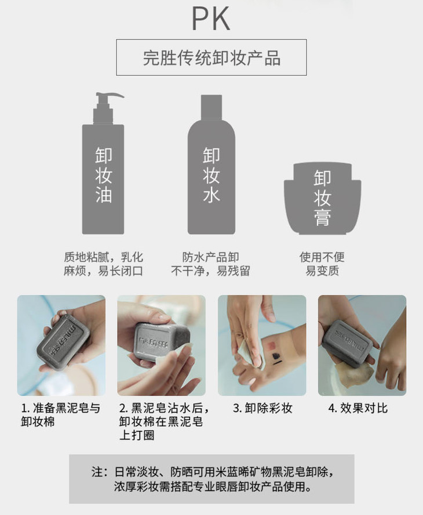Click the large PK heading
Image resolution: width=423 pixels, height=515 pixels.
[211, 19]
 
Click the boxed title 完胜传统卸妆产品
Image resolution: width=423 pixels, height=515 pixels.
[211, 58]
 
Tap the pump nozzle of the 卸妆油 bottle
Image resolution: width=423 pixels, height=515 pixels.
[110, 96]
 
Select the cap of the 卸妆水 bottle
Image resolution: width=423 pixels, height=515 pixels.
[211, 108]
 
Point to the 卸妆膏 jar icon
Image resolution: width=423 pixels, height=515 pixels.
[322, 199]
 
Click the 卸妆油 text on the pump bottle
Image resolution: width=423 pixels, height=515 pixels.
[104, 175]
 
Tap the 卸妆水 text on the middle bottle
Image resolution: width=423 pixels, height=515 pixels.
[211, 175]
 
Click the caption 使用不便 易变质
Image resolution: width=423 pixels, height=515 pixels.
[322, 264]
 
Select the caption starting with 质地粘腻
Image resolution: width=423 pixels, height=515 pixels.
[103, 264]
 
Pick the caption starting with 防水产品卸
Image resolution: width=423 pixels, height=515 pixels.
[210, 264]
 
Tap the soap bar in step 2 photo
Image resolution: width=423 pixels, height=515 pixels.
[161, 342]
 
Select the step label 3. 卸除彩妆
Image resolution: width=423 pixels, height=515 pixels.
[262, 408]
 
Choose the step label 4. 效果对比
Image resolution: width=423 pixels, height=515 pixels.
[358, 408]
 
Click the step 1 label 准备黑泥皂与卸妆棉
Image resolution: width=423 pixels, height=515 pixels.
[61, 415]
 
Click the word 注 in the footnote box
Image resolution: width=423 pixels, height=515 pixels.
[97, 472]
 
